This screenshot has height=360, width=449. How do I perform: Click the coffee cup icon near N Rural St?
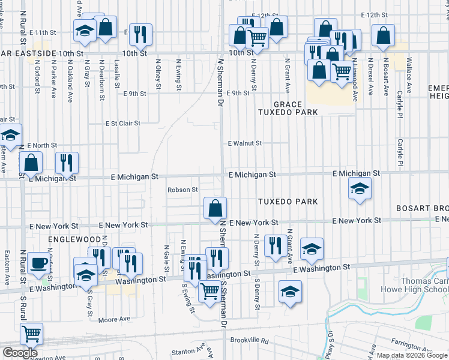coord(39,262)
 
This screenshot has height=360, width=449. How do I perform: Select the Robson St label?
coord(182,190)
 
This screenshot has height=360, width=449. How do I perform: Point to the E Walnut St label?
coord(245,143)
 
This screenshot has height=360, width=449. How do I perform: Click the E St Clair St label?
coord(122,123)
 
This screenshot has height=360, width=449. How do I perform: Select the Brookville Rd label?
coord(247,340)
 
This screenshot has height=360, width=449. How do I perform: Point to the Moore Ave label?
coord(114,320)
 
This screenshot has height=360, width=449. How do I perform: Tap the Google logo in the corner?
coord(20,353)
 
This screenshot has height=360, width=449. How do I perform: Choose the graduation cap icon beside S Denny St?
coord(291,292)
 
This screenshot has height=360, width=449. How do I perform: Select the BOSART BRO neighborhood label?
coord(421,208)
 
